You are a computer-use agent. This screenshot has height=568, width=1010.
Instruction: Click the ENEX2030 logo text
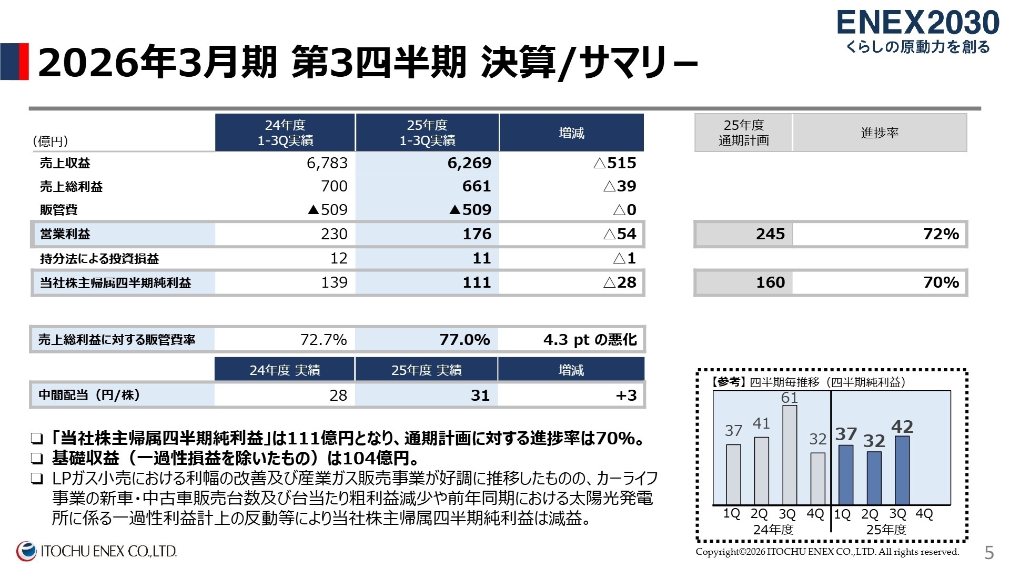point(917,24)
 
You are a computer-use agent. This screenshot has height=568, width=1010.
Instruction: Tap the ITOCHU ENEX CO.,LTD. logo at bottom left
point(97,551)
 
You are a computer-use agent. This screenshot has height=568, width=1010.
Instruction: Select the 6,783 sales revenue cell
point(327,163)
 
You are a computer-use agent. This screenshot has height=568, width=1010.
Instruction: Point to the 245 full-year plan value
point(770,234)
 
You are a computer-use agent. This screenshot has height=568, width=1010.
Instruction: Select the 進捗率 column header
point(879,133)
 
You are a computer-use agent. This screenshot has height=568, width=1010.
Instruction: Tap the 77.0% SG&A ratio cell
point(464,340)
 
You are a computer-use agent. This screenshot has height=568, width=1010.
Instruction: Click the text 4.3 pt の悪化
point(590,340)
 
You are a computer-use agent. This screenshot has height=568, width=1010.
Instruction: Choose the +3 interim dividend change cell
point(626,395)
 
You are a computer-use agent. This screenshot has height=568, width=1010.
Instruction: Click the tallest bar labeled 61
point(789,455)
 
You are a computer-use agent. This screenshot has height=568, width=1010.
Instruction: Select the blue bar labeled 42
point(902,471)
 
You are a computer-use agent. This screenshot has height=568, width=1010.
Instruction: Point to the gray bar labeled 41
point(761,471)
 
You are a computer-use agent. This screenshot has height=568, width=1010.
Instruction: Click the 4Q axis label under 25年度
point(924,514)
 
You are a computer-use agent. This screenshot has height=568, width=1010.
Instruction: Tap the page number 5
point(989,553)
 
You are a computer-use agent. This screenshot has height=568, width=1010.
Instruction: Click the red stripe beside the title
point(24,62)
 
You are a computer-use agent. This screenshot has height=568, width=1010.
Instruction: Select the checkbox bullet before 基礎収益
point(36,459)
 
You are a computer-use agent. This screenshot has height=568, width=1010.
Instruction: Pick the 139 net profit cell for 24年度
point(334,283)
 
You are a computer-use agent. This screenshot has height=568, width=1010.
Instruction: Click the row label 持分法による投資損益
point(99,259)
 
